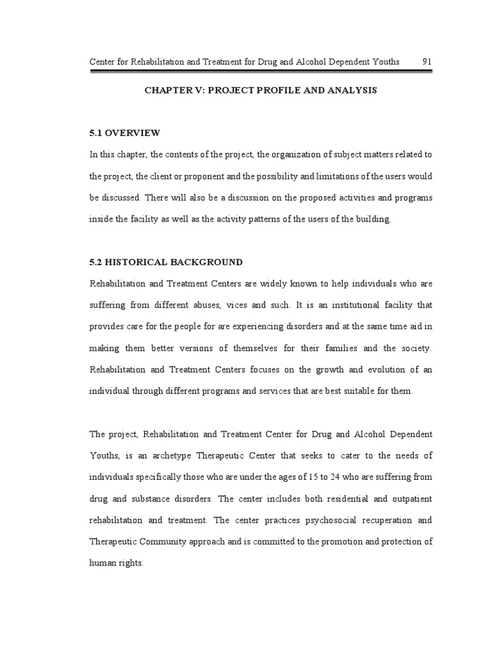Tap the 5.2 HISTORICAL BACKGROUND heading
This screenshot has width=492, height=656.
[166, 261]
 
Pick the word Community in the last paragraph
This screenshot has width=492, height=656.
[172, 541]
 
